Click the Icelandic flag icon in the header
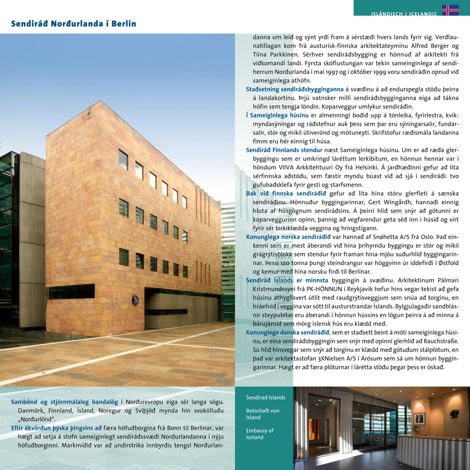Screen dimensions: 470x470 [x=450, y=10]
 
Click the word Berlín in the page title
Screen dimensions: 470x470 [x=125, y=23]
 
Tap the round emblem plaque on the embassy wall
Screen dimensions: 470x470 [x=135, y=299]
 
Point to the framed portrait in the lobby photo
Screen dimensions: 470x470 [x=420, y=417]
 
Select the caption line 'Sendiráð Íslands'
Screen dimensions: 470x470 [x=266, y=398]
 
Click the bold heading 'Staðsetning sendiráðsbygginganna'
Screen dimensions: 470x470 [x=295, y=89]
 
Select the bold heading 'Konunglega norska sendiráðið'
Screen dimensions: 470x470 [x=289, y=236]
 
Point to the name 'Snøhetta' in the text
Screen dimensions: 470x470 [x=392, y=236]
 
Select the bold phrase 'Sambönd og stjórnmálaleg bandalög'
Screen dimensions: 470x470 [x=65, y=402]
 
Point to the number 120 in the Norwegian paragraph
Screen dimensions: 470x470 [x=277, y=263]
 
